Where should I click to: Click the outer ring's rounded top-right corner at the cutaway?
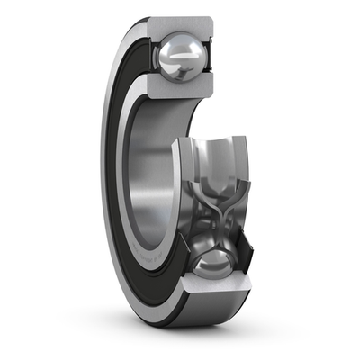[211, 22]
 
